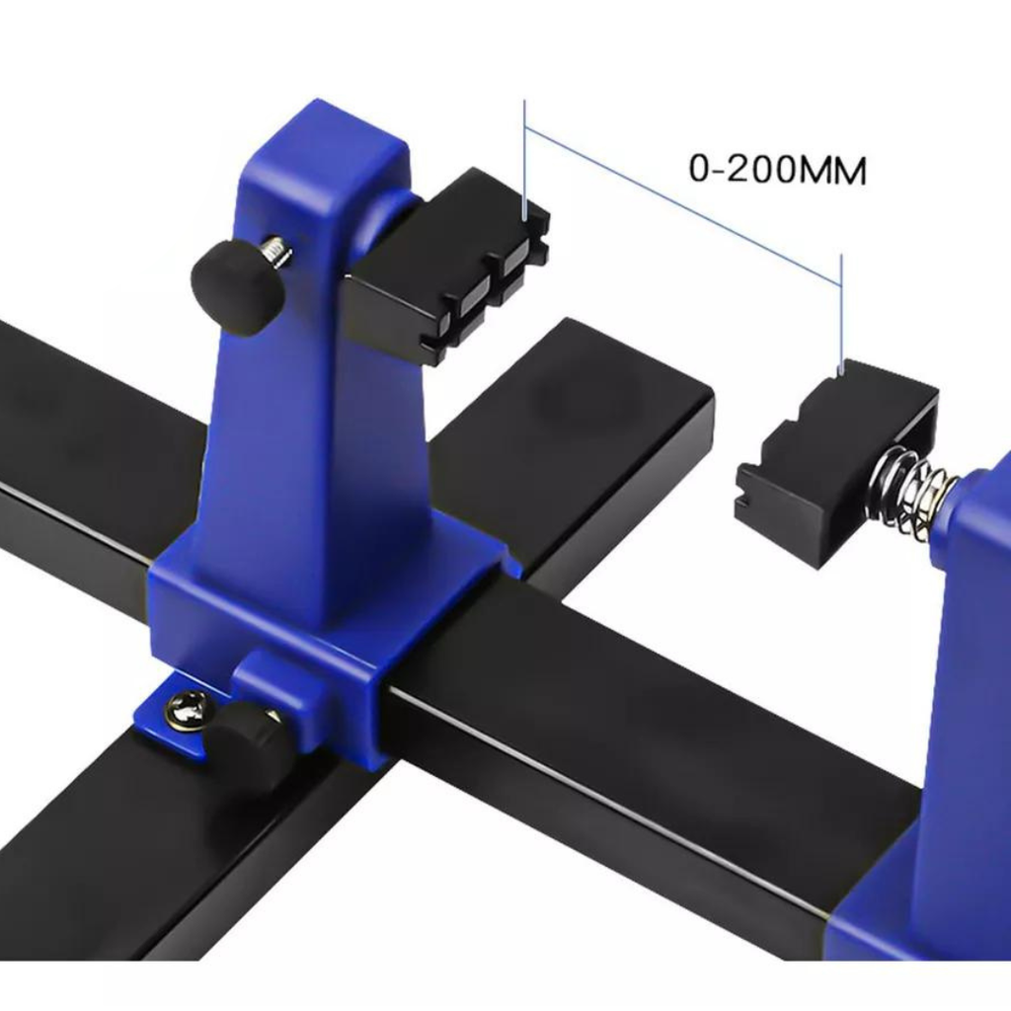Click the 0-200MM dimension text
coord(778,169)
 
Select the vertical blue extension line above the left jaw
coord(525,160)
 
